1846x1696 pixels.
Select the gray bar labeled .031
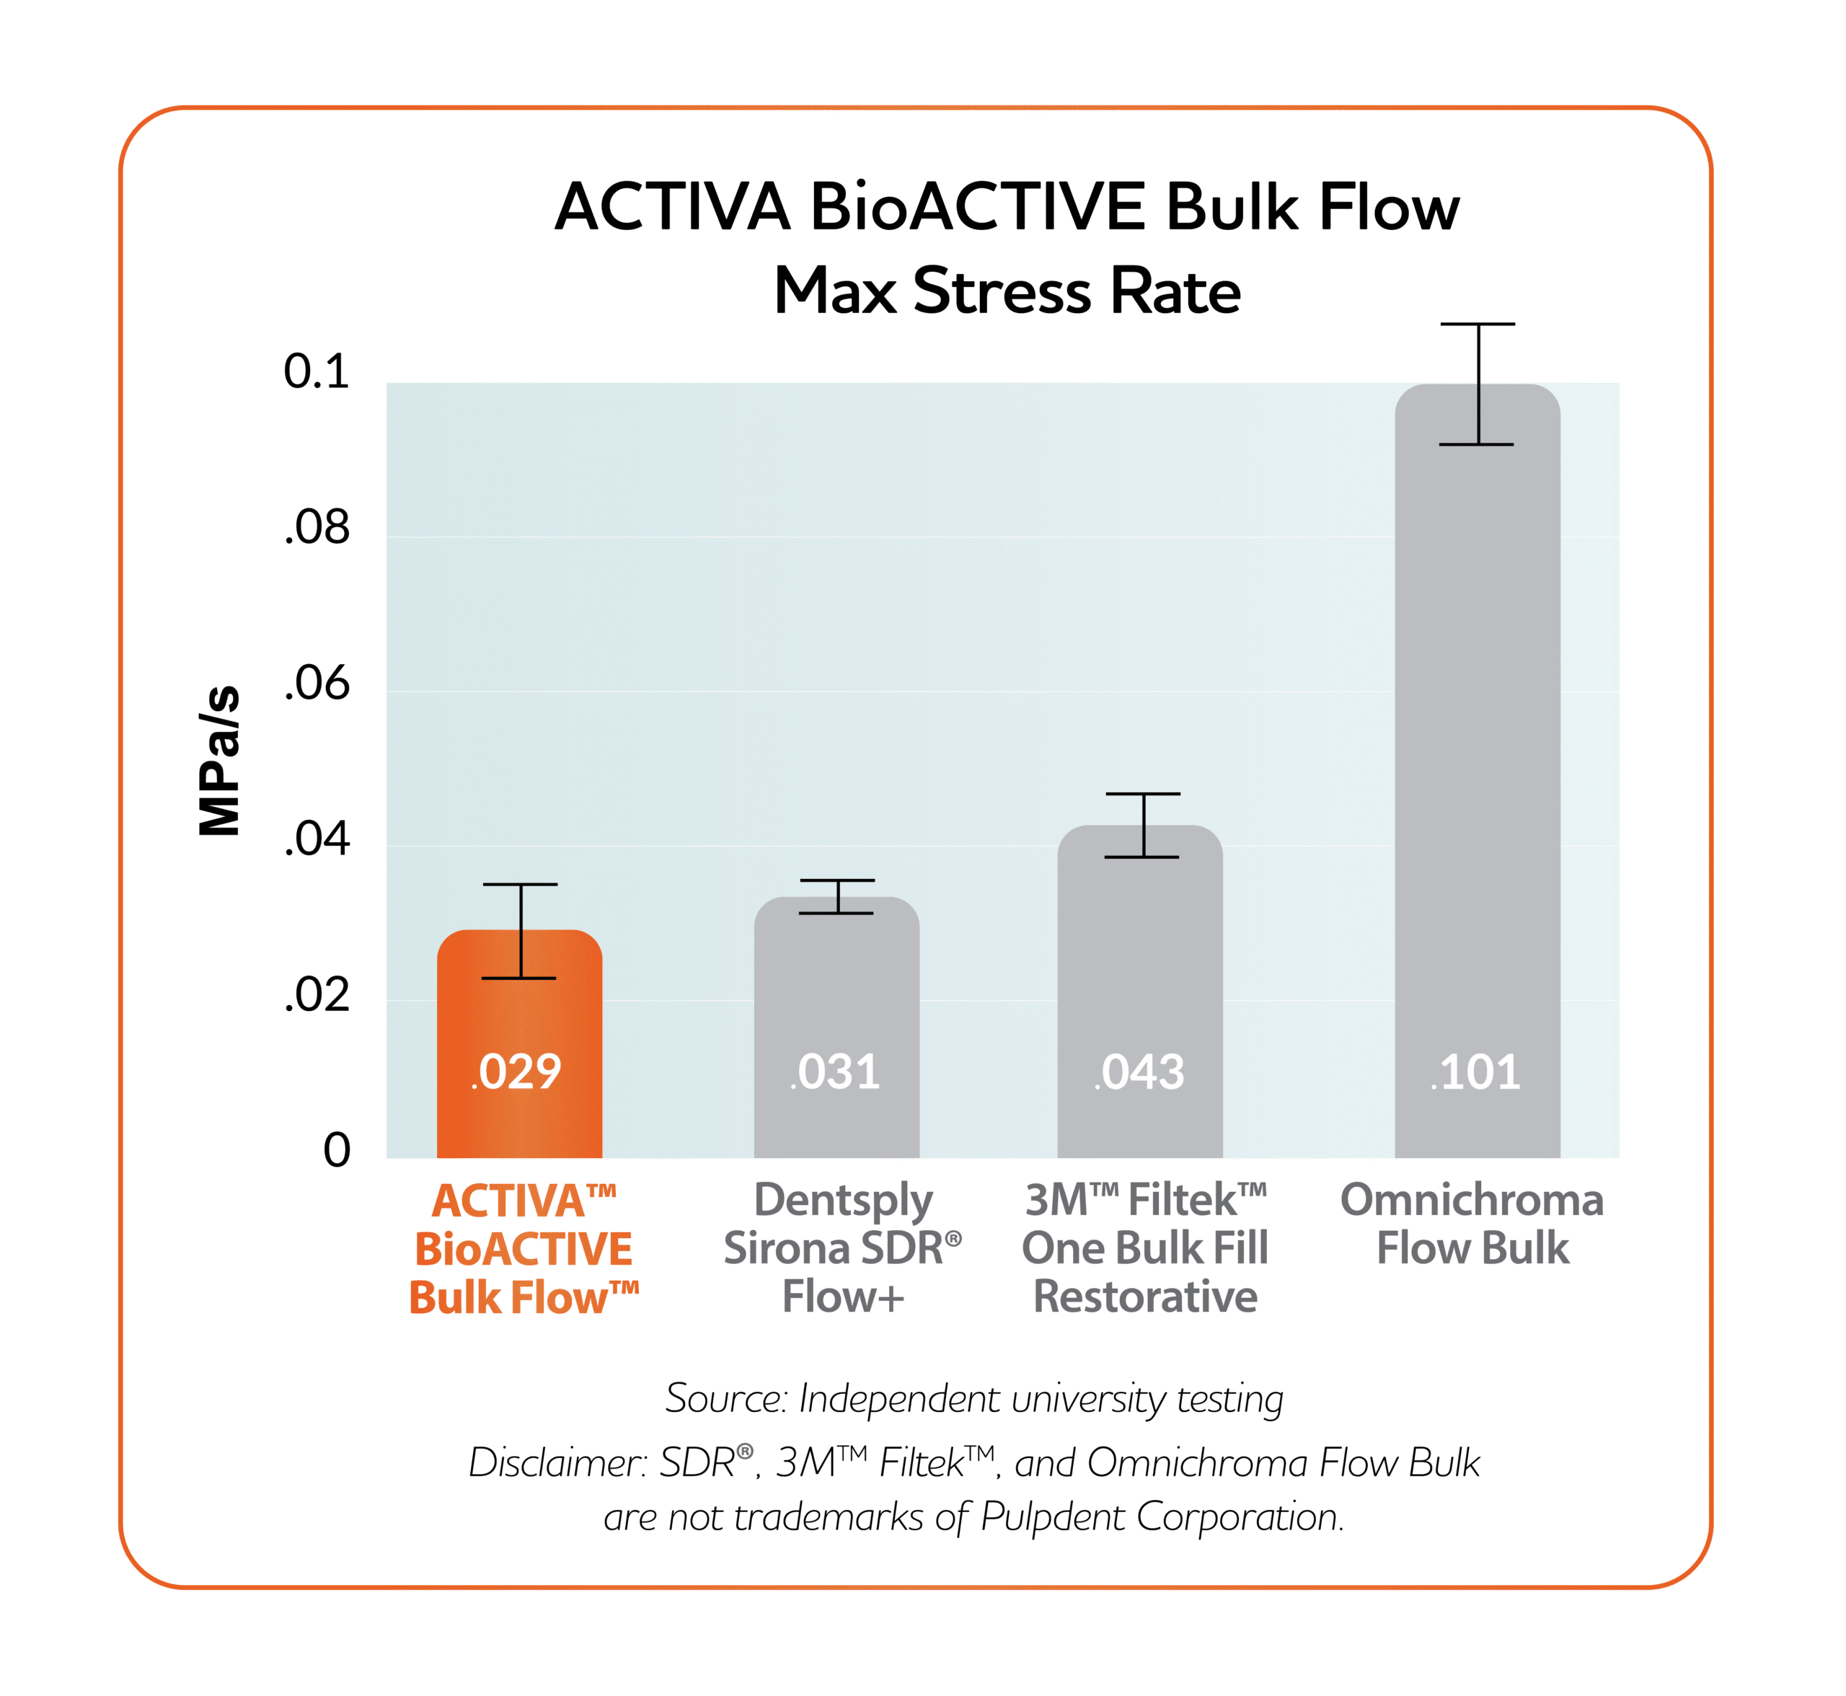[x=836, y=1010]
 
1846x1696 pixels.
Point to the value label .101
[x=1475, y=1072]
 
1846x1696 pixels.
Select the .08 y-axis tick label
[x=317, y=529]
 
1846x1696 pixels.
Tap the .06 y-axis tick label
[x=317, y=684]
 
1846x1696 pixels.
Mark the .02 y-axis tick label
[x=317, y=996]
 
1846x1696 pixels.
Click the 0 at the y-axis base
[x=337, y=1151]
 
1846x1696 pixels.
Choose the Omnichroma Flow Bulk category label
[x=1472, y=1224]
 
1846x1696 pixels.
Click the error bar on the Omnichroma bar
[x=1478, y=384]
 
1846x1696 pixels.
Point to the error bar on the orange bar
[x=521, y=931]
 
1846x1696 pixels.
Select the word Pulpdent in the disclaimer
[x=1052, y=1517]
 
